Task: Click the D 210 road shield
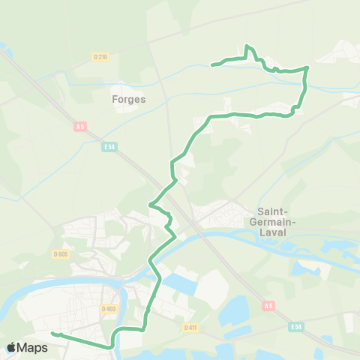101,57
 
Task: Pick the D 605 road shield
61,254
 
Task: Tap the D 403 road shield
108,308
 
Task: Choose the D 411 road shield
190,327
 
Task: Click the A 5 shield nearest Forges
80,127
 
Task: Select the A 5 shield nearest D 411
268,306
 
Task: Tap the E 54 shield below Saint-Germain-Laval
297,327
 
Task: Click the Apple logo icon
12,347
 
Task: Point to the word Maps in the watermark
34,347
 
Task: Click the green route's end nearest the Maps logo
52,333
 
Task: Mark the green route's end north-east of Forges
212,65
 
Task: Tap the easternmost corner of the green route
307,68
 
